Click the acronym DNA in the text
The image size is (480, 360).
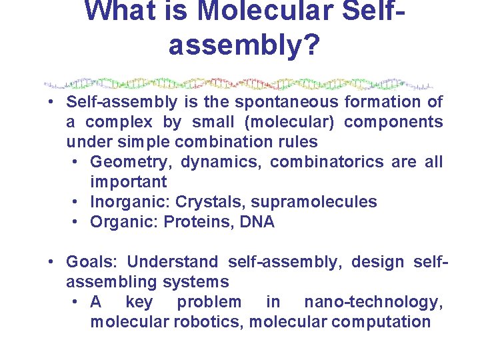point(257,222)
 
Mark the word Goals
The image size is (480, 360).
point(91,262)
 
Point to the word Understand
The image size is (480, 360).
point(172,262)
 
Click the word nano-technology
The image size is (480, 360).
point(373,302)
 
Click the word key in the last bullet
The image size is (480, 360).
point(139,302)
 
